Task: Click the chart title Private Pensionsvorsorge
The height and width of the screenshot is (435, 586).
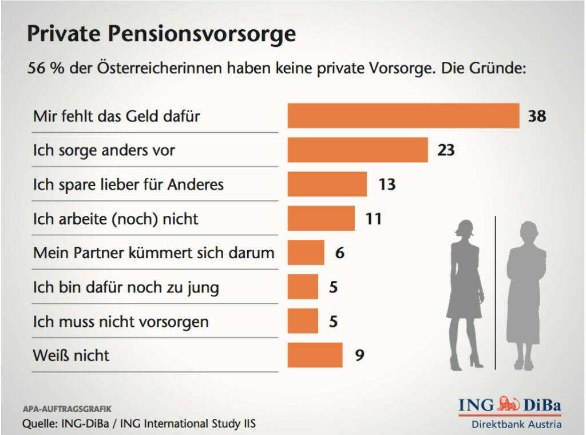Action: coord(161,34)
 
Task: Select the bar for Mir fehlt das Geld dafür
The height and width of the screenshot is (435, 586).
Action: coord(403,116)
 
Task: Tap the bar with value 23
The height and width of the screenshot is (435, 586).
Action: coord(358,150)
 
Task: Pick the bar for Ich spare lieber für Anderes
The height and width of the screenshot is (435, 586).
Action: coord(327,184)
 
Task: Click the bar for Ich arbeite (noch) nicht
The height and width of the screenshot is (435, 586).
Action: coord(321,218)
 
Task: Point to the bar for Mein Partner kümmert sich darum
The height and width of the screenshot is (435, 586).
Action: coord(306,252)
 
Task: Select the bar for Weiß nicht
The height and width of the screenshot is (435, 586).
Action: coord(315,355)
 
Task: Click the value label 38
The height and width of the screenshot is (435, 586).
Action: coord(537,116)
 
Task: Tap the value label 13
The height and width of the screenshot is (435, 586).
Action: coord(387,184)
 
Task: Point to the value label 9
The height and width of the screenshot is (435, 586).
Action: coord(359,355)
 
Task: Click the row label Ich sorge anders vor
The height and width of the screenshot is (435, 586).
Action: coord(104,151)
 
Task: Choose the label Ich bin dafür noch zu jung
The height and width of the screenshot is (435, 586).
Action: coord(126,287)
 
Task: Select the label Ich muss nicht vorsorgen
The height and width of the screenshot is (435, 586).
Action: coord(121,321)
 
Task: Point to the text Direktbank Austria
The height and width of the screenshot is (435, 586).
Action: coord(516,424)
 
